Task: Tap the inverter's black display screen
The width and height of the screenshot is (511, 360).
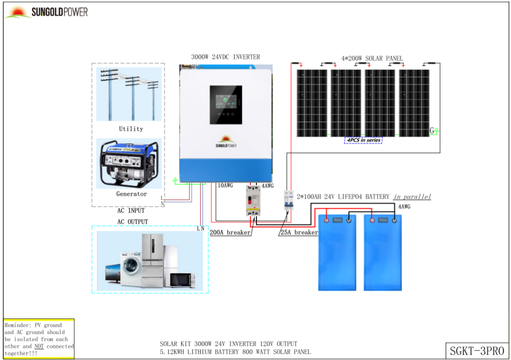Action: pos(226,105)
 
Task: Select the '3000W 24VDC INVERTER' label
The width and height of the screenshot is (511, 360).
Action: pos(226,57)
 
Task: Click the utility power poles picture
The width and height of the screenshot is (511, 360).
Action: pos(129,94)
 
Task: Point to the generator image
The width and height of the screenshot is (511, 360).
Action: pos(129,164)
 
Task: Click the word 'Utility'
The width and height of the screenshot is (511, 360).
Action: pos(131,129)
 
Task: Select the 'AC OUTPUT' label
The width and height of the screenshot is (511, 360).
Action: pos(132,221)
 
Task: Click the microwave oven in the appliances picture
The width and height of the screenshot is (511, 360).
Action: pos(180,280)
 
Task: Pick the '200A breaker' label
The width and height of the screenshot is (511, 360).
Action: pos(230,232)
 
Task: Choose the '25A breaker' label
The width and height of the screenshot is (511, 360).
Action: pos(298,232)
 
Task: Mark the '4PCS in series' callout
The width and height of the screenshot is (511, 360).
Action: pos(363,140)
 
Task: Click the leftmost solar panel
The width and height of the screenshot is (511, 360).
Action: pos(312,103)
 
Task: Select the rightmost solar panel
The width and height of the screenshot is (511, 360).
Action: pos(414,103)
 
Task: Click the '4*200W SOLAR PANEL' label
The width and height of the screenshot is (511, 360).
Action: pos(372,58)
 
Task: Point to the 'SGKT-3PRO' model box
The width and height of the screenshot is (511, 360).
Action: pos(477,350)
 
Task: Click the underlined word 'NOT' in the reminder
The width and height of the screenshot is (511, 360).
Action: pos(39,346)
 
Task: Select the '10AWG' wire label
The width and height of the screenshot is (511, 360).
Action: pos(225,186)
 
